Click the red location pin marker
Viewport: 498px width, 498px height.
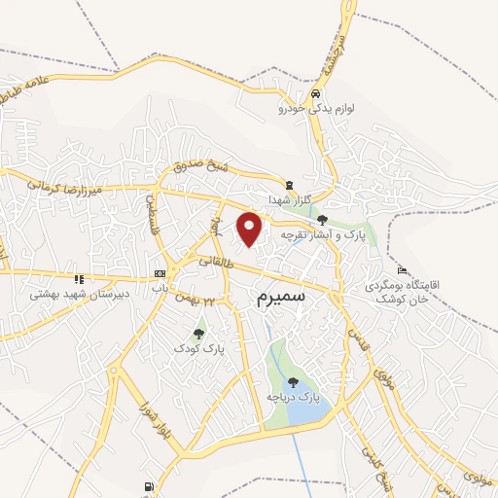250,229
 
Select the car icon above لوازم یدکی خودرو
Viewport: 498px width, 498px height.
315,95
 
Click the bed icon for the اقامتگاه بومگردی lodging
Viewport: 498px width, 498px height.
402,269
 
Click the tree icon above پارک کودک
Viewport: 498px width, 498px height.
198,333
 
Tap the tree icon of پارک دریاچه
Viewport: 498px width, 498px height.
294,382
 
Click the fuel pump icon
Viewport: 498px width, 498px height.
147,486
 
